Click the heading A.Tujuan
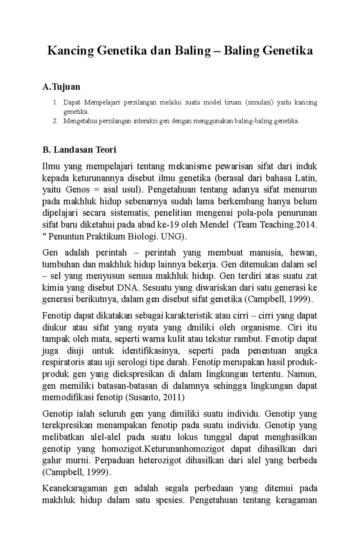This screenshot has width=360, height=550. [x=61, y=87]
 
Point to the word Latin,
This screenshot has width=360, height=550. [x=306, y=178]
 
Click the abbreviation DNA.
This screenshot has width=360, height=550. [x=128, y=288]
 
